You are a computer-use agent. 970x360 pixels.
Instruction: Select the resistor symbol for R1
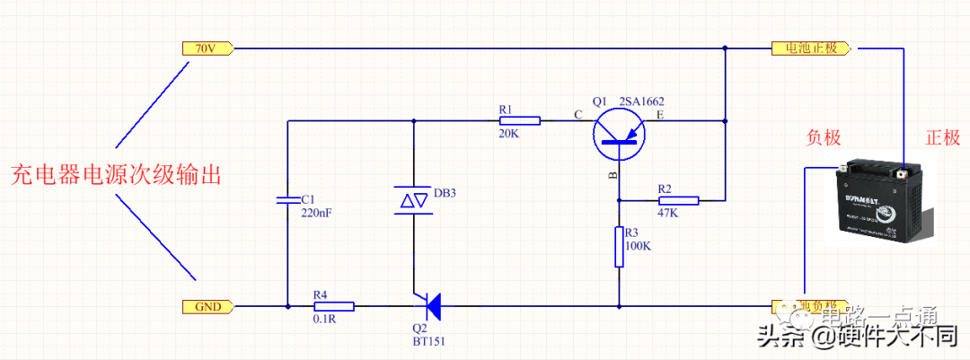(519, 120)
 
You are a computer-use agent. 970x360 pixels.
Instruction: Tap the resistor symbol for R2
(679, 200)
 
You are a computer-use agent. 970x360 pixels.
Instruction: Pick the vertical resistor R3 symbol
(619, 247)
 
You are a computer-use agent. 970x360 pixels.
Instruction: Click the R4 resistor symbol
(334, 306)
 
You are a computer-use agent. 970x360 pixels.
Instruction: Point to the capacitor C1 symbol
(287, 199)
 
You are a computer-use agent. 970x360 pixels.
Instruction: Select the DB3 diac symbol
(413, 199)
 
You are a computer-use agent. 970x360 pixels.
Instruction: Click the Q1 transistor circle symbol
(619, 133)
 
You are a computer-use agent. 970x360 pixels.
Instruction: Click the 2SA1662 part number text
(645, 102)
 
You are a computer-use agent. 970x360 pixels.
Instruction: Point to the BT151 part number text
(429, 342)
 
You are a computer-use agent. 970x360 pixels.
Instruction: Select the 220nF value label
(317, 213)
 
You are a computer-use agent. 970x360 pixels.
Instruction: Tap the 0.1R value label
(323, 320)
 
